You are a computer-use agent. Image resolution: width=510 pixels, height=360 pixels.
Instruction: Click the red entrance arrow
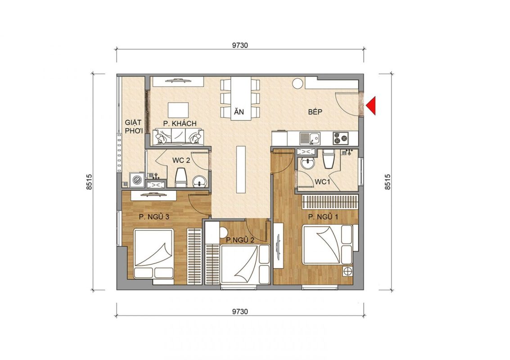pyautogui.click(x=371, y=106)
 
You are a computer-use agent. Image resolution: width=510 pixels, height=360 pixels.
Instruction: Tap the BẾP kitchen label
pyautogui.click(x=315, y=112)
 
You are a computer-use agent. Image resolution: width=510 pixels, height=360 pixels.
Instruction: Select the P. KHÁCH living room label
pyautogui.click(x=180, y=124)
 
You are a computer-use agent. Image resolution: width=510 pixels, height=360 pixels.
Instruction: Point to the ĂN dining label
pyautogui.click(x=239, y=112)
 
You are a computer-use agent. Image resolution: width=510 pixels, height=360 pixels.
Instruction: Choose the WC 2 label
pyautogui.click(x=181, y=160)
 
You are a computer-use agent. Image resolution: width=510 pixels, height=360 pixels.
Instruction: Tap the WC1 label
pyautogui.click(x=322, y=182)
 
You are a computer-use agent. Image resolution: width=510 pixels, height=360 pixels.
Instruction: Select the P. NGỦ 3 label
pyautogui.click(x=154, y=217)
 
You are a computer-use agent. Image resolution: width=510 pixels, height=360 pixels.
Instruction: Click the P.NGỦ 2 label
pyautogui.click(x=240, y=240)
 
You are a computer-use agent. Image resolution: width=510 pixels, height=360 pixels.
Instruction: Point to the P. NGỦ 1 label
pyautogui.click(x=323, y=217)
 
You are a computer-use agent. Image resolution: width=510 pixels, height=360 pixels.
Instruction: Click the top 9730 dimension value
pyautogui.click(x=240, y=45)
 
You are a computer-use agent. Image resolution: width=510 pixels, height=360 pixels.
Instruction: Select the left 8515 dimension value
pyautogui.click(x=90, y=182)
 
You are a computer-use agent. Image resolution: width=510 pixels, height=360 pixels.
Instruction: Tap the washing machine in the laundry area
pyautogui.click(x=137, y=180)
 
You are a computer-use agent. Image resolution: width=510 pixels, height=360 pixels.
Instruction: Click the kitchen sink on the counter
pyautogui.click(x=310, y=138)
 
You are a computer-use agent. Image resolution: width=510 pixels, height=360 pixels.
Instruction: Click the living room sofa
pyautogui.click(x=178, y=137)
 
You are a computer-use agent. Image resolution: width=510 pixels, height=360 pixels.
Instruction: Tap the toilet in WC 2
pyautogui.click(x=181, y=178)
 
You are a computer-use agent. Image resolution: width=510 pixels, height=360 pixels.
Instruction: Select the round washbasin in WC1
pyautogui.click(x=307, y=163)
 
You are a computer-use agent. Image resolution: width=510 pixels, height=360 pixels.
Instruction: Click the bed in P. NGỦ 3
pyautogui.click(x=154, y=254)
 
